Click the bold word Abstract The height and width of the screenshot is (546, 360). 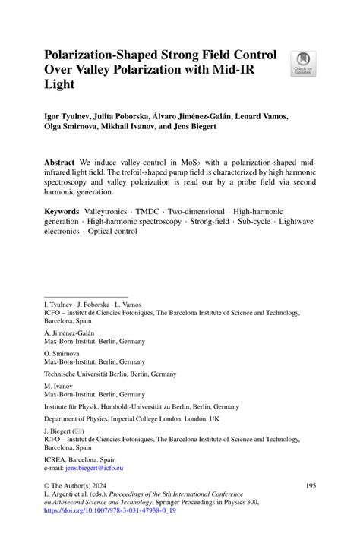59,163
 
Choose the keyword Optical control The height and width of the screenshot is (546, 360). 112,231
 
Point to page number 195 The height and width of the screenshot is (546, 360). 310,484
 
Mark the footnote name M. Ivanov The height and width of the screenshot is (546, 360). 58,386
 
